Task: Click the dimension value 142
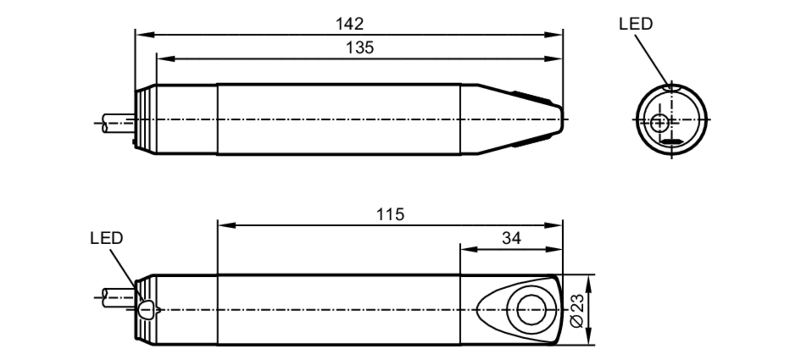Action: coord(349,24)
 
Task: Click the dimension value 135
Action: coord(360,48)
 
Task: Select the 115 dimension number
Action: coord(390,215)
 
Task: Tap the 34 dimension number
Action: coord(511,238)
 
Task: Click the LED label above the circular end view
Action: coord(636,24)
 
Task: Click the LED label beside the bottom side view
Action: coord(106,238)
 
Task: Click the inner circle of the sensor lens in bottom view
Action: coord(531,310)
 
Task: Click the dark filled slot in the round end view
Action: coord(672,141)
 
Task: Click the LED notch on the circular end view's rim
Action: coord(672,87)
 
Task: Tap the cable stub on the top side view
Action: coord(118,123)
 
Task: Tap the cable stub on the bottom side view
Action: coord(118,298)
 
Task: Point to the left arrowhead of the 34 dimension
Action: coord(469,249)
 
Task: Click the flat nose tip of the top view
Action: coord(562,119)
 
